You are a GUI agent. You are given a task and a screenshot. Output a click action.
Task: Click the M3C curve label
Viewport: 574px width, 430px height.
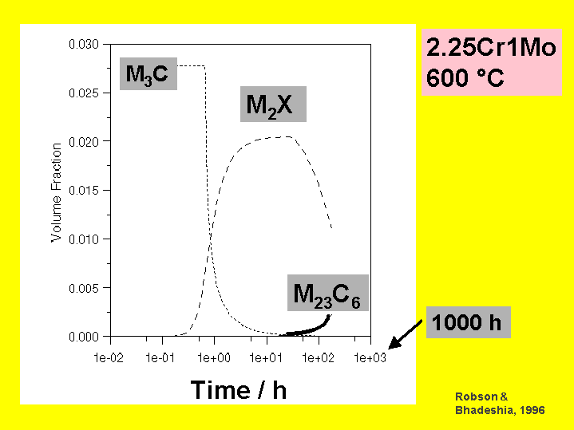point(148,74)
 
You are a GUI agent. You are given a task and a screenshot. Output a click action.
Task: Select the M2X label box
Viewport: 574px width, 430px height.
point(272,105)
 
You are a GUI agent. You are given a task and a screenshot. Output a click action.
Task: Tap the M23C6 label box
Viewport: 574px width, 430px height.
point(328,294)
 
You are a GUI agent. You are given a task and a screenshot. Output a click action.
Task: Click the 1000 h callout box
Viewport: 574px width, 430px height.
point(467,322)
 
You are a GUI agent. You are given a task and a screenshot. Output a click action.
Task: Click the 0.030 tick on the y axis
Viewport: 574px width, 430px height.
point(84,44)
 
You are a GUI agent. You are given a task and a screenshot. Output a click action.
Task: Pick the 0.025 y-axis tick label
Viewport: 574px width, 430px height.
point(84,93)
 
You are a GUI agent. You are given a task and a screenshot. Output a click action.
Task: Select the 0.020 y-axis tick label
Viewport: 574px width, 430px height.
point(84,141)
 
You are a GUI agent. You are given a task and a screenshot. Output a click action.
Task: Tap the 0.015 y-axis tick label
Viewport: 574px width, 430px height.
point(84,191)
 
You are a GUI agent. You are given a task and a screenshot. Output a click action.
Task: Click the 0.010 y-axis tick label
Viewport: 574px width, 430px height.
point(84,239)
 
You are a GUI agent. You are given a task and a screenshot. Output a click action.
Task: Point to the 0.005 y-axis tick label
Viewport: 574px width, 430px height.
point(84,288)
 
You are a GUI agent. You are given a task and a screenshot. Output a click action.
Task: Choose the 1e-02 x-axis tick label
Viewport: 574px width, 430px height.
point(109,357)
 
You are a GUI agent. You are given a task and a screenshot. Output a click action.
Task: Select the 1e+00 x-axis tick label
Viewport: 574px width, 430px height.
point(213,357)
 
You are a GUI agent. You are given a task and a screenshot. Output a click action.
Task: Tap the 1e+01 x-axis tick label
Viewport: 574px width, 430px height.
point(266,357)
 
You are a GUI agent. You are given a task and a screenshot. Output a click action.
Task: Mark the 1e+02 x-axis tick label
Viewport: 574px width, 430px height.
point(318,357)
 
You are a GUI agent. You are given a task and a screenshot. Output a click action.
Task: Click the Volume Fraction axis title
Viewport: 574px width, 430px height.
point(57,192)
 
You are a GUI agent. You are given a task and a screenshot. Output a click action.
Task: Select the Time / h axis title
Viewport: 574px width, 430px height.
point(239,389)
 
